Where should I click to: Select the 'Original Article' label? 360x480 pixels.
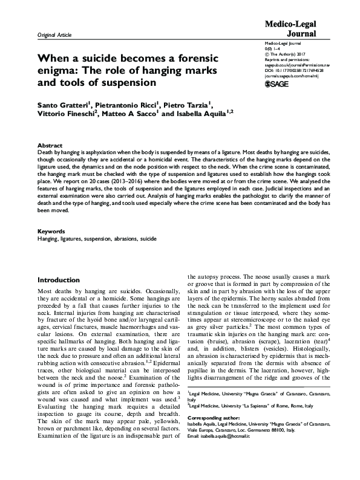pyautogui.click(x=54, y=35)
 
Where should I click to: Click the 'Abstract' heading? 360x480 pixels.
pyautogui.click(x=50, y=146)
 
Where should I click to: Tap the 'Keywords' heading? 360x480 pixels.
pyautogui.click(x=52, y=232)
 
